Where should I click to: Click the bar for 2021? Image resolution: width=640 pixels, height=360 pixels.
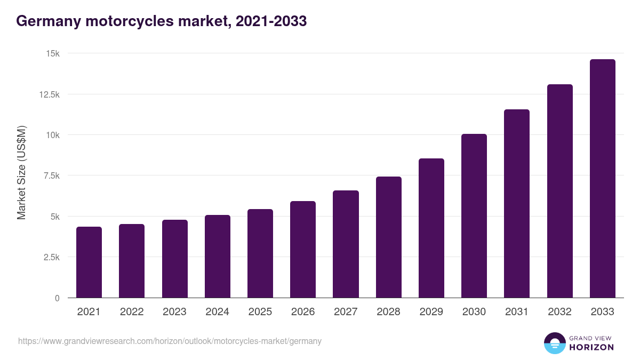[89, 262]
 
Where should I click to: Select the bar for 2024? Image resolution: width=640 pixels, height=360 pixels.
[218, 256]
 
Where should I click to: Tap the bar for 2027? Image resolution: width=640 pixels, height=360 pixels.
[346, 244]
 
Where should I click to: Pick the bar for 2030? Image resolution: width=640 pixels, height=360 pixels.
[474, 215]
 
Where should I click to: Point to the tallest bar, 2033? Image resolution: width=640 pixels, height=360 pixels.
[602, 178]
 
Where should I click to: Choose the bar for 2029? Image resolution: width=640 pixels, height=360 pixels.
[431, 228]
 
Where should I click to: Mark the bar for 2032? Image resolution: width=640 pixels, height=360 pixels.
[559, 191]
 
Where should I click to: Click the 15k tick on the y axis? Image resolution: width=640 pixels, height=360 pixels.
[52, 54]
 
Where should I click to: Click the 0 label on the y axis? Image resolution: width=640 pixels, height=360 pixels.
[57, 298]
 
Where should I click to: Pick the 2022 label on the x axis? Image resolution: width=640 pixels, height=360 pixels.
[132, 312]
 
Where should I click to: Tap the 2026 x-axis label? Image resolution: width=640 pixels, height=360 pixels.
[303, 312]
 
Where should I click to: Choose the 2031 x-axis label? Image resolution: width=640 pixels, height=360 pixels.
[517, 312]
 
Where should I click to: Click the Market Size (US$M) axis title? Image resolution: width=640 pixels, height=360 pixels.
[21, 173]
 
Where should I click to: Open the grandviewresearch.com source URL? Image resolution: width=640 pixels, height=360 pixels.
[170, 341]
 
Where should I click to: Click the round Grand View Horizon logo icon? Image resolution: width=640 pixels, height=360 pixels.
[554, 343]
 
